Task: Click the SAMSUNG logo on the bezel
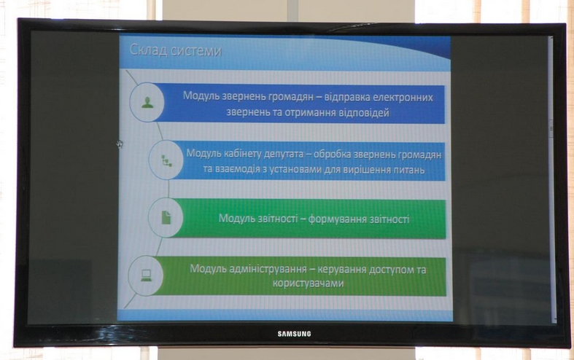click(295, 334)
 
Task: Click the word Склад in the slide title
click(149, 50)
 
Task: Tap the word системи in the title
click(196, 51)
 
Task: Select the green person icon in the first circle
click(147, 103)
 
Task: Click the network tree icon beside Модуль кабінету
click(166, 160)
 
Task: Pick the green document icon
click(166, 217)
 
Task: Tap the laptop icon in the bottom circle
click(147, 275)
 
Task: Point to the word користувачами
click(308, 283)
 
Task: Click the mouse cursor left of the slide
click(120, 144)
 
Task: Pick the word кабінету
click(233, 154)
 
